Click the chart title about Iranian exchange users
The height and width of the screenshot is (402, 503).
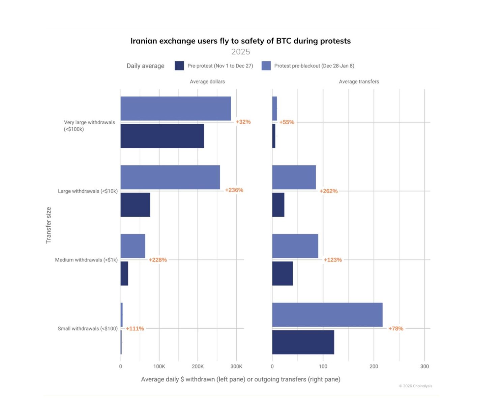[240, 41]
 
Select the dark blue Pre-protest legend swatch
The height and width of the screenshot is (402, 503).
[179, 66]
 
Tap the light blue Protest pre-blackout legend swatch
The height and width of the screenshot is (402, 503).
[266, 66]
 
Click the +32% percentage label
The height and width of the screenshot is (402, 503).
[243, 122]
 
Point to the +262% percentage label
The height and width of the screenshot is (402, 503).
[328, 191]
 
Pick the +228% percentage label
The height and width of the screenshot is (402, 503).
[158, 260]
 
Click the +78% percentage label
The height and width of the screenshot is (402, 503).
[396, 328]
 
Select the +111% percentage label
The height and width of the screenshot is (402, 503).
[135, 328]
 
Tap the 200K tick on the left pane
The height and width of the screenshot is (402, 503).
[198, 367]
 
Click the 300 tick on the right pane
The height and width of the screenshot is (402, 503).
[424, 367]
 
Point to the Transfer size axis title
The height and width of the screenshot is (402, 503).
[49, 225]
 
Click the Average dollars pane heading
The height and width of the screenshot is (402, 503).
[207, 82]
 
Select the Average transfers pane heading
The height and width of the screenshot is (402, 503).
[359, 82]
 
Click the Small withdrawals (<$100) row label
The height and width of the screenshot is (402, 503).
[88, 328]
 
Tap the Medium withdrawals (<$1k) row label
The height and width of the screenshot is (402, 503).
[86, 260]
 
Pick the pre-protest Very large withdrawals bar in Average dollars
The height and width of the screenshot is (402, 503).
[162, 136]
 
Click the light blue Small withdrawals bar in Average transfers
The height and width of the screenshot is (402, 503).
[327, 315]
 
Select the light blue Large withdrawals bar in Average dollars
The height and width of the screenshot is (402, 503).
[170, 177]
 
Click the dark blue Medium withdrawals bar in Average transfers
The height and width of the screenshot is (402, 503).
[283, 273]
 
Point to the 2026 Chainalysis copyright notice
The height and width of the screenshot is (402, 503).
[415, 386]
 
